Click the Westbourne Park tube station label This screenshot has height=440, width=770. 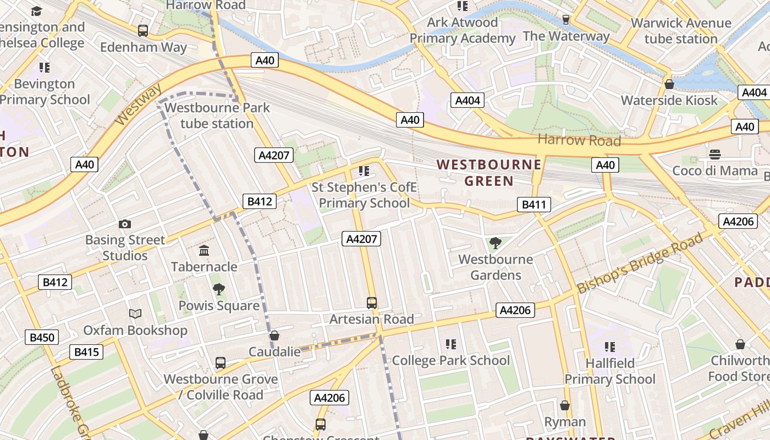coord(217,116)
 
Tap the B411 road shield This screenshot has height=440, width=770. coord(533,205)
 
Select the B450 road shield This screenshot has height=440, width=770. coord(41,337)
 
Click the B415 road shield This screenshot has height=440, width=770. coord(86,351)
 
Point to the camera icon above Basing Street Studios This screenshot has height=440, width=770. coord(125,224)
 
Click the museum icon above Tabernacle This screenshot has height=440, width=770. coord(204,251)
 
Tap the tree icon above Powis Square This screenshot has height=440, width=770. coord(219,289)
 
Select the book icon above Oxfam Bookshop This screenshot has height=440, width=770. coord(135,314)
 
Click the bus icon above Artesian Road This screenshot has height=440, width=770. coord(372,303)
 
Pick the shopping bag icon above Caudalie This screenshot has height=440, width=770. coord(274,335)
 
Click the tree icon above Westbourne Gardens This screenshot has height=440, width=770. coord(495,243)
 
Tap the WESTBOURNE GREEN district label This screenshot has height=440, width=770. coord(489,173)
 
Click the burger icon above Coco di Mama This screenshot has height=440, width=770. coord(715,154)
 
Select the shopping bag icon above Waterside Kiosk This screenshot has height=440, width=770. coord(669,84)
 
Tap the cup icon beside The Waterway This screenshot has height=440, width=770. coord(565,20)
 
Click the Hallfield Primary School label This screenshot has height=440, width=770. coord(610,371)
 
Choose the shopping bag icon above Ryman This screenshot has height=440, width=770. coord(565,406)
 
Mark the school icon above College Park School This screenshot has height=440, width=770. coord(451,344)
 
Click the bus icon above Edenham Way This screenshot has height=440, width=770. coord(143,31)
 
